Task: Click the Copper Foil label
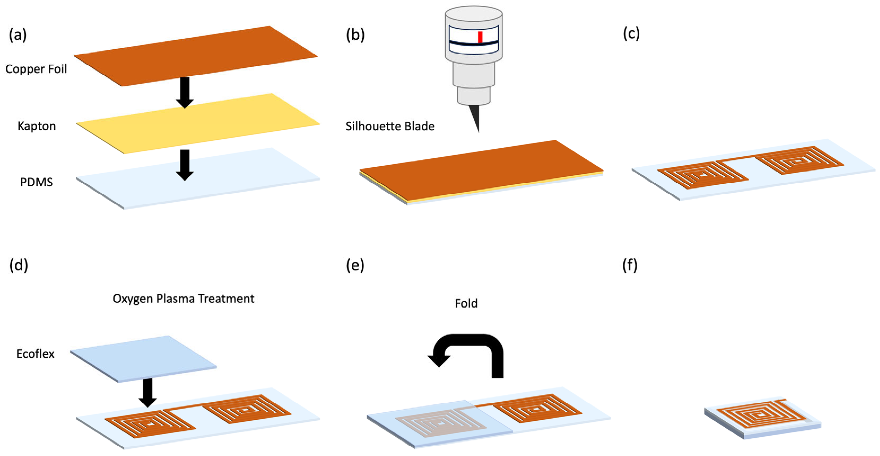pos(36,69)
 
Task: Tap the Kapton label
pos(37,126)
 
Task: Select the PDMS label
pos(36,182)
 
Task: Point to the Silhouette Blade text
pos(390,126)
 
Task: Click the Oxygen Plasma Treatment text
pos(183,299)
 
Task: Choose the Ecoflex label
pos(35,354)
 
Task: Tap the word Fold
pos(466,303)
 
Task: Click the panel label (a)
pos(18,35)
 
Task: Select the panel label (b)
pos(355,35)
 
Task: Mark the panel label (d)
pos(19,265)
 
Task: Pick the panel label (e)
pos(355,265)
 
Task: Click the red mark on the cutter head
pos(480,37)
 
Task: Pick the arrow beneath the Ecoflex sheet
pos(148,392)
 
